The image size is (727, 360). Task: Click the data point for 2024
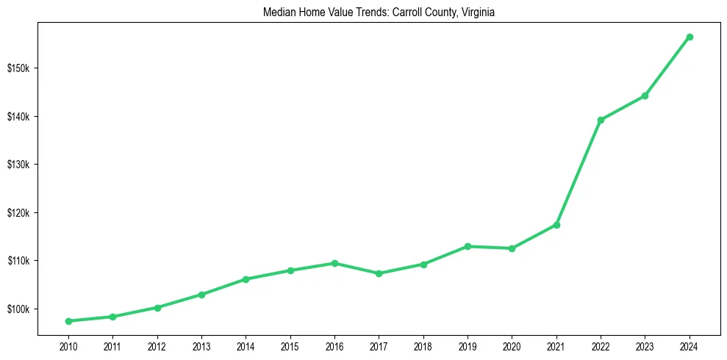click(690, 37)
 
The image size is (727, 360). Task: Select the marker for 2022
click(601, 120)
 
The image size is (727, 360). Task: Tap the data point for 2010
click(68, 321)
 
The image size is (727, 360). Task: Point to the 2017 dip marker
click(379, 273)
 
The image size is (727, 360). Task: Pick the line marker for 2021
click(556, 225)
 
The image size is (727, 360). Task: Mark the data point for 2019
click(468, 246)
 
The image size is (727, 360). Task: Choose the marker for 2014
click(246, 279)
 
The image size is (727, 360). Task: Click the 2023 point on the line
click(645, 96)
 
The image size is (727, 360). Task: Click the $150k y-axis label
click(18, 68)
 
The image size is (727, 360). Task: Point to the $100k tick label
click(18, 309)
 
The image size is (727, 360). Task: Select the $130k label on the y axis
click(18, 165)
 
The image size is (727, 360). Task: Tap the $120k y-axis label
click(18, 213)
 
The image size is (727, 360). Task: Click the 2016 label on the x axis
click(334, 345)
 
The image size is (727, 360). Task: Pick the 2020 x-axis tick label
click(512, 345)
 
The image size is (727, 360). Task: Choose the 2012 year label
click(157, 345)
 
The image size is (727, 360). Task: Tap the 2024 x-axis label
click(690, 345)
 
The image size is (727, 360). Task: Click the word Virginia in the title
click(476, 12)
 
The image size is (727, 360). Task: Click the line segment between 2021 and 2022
click(579, 173)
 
